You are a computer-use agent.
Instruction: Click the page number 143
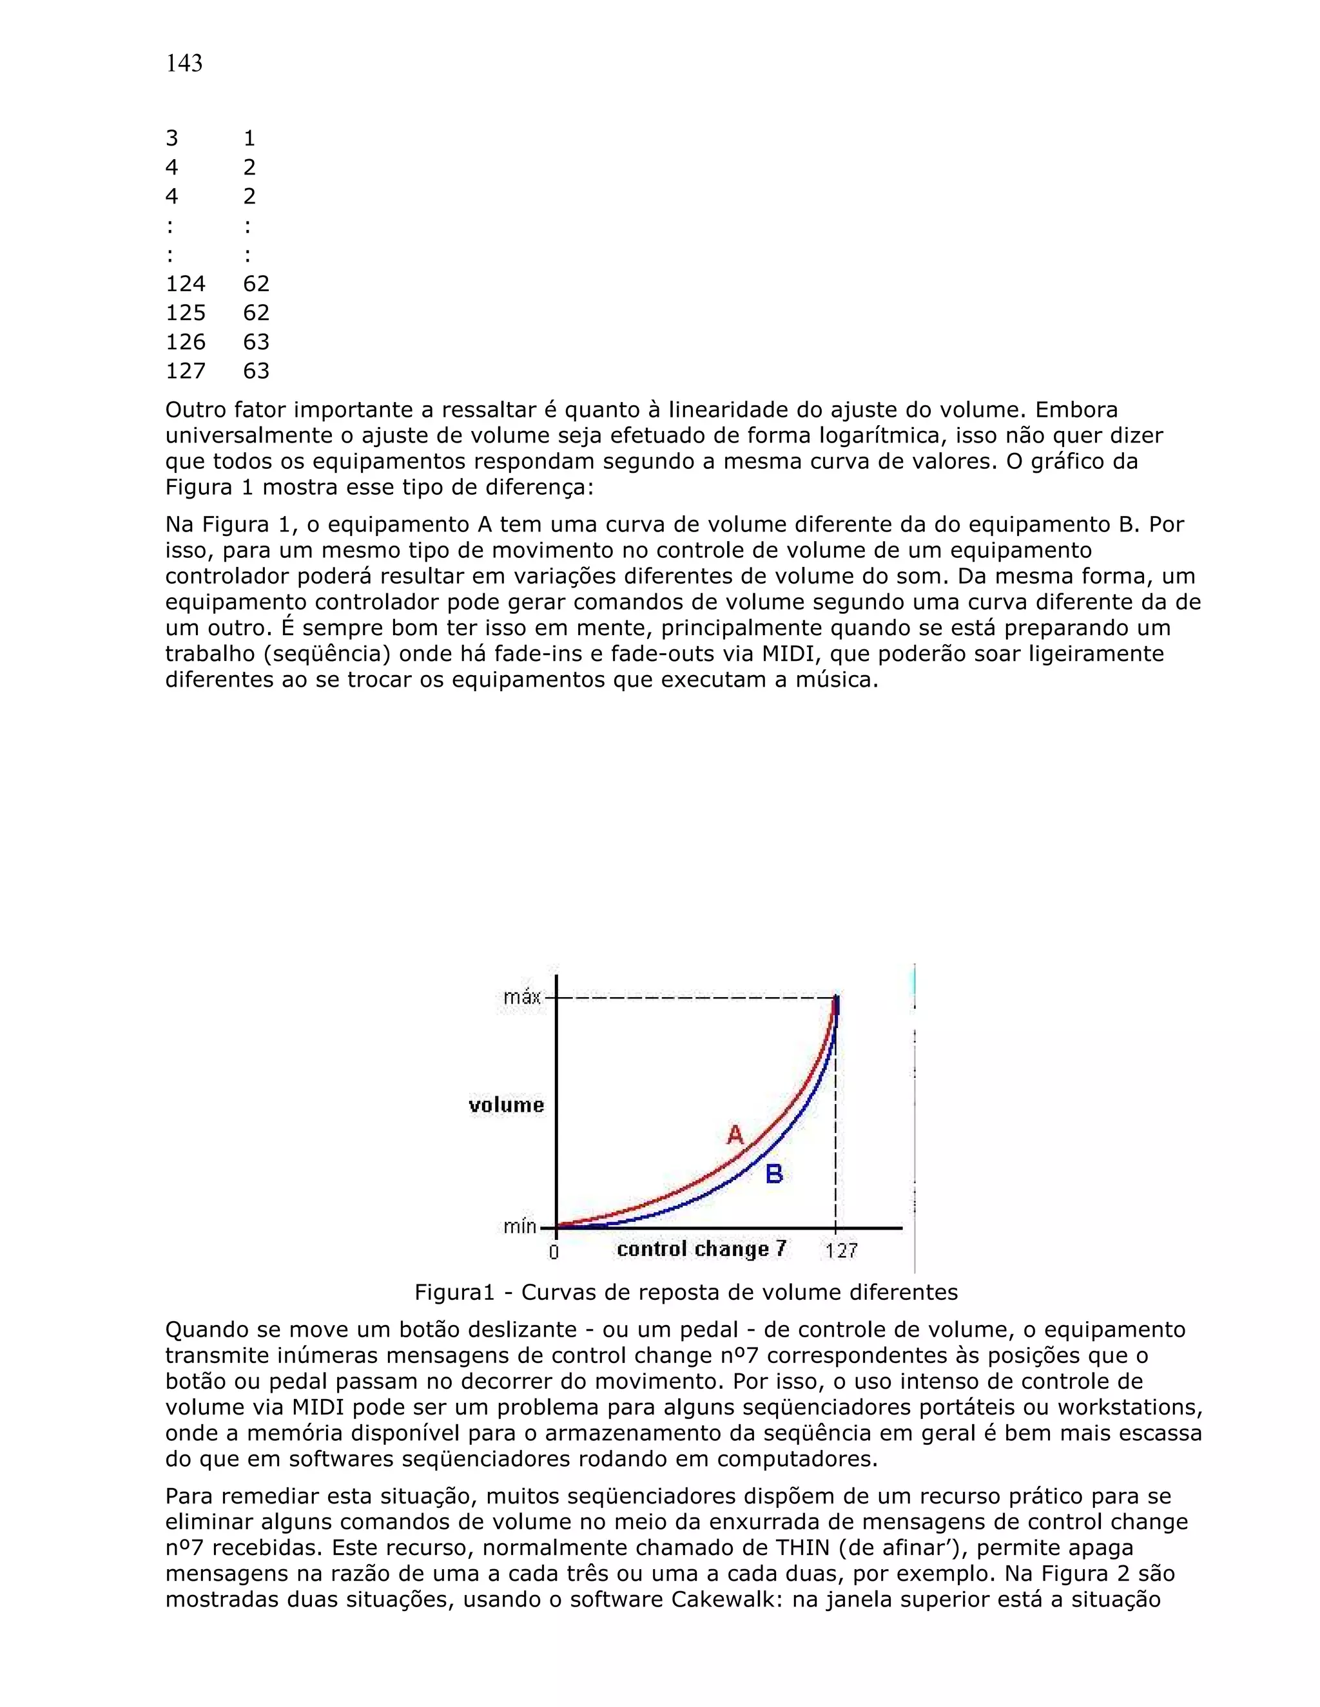click(x=184, y=63)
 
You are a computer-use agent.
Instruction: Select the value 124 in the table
click(x=186, y=283)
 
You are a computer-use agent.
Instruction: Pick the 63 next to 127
click(x=256, y=370)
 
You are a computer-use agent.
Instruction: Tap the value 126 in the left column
click(x=186, y=341)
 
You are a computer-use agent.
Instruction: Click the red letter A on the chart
click(x=735, y=1134)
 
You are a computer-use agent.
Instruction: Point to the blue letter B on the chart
click(x=774, y=1173)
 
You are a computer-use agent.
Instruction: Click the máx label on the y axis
click(x=521, y=997)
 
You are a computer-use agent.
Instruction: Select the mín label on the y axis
click(x=520, y=1226)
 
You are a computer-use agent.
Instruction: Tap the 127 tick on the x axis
click(x=841, y=1252)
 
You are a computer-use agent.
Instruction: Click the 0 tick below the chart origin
click(x=554, y=1253)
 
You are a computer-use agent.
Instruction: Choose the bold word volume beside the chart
click(x=506, y=1104)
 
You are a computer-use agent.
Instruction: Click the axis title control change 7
click(x=701, y=1249)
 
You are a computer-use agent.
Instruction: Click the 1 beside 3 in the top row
click(x=249, y=138)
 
